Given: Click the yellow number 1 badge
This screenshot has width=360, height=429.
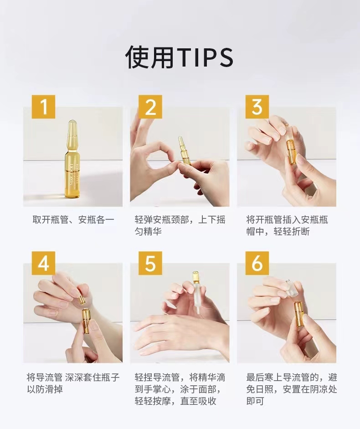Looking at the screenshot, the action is click(x=43, y=107).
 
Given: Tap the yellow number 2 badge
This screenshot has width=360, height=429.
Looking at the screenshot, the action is click(x=150, y=107).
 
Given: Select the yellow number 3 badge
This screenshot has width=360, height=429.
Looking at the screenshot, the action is click(x=257, y=107).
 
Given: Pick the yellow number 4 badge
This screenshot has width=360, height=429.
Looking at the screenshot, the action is click(x=43, y=263).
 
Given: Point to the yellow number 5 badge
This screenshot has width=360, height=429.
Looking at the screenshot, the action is click(x=150, y=263).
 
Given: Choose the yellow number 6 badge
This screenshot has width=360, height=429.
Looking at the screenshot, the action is click(x=257, y=263).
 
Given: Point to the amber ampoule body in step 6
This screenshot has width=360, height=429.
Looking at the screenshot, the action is click(x=299, y=314).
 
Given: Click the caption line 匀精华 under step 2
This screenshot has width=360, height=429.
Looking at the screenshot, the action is click(x=148, y=232).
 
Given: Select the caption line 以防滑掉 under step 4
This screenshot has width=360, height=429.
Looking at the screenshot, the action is click(x=45, y=389).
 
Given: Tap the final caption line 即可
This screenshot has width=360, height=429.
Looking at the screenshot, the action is click(x=255, y=401).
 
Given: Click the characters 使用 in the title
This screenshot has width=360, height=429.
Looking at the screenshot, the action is click(x=150, y=58).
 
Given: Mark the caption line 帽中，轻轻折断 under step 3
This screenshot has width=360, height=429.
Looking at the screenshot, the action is click(x=278, y=232).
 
